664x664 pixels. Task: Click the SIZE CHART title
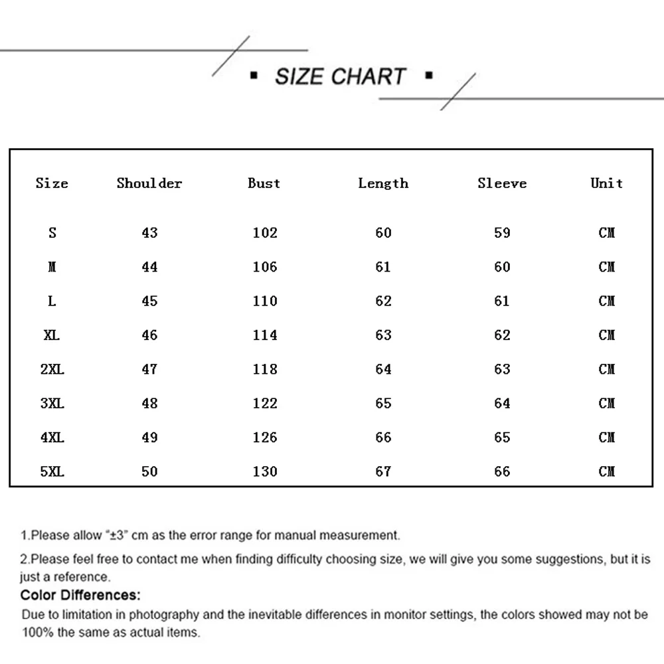[x=340, y=76]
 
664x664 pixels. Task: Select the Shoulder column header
[x=149, y=183]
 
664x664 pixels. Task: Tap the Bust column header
[x=264, y=183]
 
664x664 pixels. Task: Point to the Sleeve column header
[x=502, y=183]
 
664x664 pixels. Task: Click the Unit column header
[x=607, y=183]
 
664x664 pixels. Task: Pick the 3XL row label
[x=52, y=403]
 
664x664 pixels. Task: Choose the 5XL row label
[x=52, y=471]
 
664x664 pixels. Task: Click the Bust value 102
[x=265, y=233]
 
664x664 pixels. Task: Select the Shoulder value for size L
[x=150, y=301]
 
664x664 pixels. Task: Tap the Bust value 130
[x=265, y=471]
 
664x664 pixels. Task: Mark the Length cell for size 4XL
[x=384, y=438]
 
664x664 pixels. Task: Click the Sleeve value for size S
[x=503, y=233]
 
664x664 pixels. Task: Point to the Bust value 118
[x=265, y=369]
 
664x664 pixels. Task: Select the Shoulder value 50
[x=150, y=471]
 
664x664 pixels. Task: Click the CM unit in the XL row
[x=607, y=335]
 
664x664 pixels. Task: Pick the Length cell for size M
[x=384, y=267]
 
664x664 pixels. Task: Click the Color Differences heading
[x=80, y=595]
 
